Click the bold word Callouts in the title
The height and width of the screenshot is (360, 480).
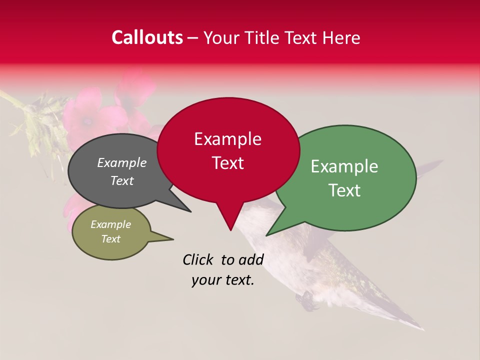(x=147, y=37)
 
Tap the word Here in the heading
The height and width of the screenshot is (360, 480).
(x=342, y=37)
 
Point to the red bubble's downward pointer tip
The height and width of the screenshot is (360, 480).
(x=230, y=230)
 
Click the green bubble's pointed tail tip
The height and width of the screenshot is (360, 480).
(x=266, y=235)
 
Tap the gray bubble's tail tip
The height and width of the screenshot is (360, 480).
(x=190, y=211)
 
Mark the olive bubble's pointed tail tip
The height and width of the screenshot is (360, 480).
(x=173, y=239)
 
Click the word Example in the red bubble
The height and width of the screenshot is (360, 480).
(x=227, y=139)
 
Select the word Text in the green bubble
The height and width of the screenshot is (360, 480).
(x=345, y=190)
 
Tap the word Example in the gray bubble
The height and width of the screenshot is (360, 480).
(x=121, y=163)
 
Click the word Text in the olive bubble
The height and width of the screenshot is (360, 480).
(x=111, y=239)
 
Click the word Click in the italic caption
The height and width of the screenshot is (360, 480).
(x=198, y=259)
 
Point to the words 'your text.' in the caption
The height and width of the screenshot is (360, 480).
(x=223, y=280)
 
